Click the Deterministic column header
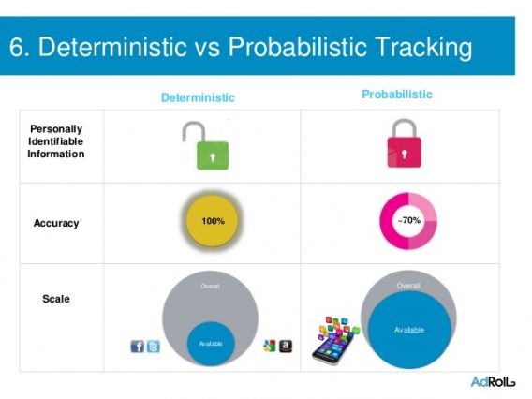click(x=198, y=97)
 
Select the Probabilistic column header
click(x=397, y=95)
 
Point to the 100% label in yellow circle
click(x=213, y=221)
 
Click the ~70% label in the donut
click(x=409, y=220)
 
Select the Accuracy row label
click(x=56, y=223)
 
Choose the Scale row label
click(x=56, y=299)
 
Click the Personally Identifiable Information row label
click(x=56, y=141)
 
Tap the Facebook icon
click(x=138, y=347)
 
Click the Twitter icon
click(x=154, y=347)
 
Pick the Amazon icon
click(x=286, y=346)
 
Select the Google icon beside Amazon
click(x=270, y=346)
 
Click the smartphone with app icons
click(x=335, y=341)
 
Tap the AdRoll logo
click(x=493, y=382)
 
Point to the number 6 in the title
click(x=16, y=47)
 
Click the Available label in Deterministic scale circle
click(x=211, y=344)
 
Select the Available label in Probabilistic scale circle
click(x=409, y=330)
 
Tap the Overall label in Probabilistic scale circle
click(x=408, y=286)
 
